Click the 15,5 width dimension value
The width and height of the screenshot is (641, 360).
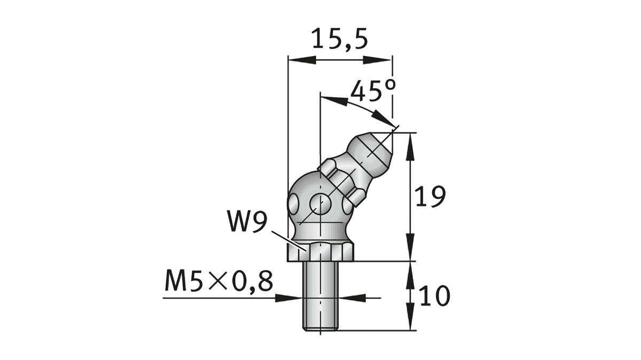340,38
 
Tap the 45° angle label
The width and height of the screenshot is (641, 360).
373,90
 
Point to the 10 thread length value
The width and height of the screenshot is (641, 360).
434,295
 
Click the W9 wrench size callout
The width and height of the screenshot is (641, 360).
247,221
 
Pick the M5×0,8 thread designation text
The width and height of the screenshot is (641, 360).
219,281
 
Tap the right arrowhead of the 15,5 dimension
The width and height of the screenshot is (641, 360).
377,60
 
